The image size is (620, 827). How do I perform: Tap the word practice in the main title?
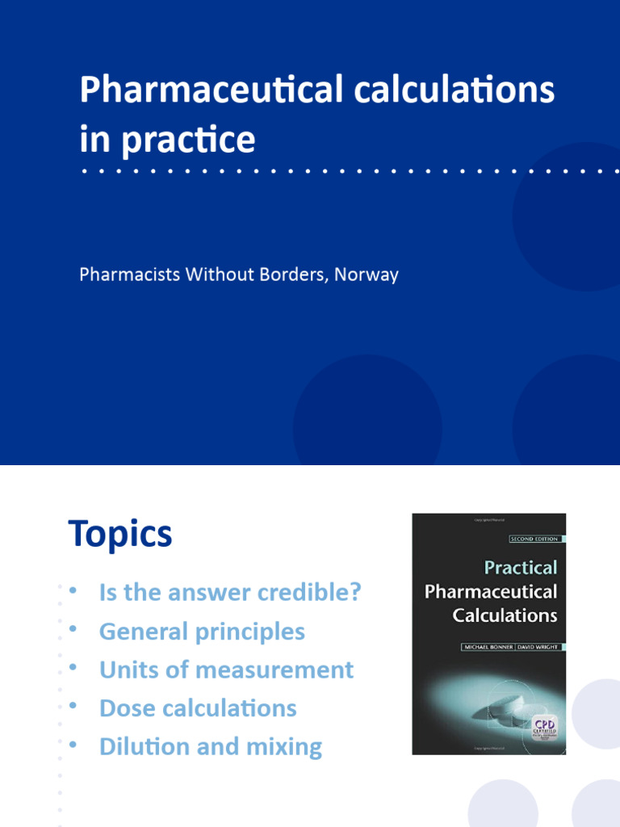(188, 139)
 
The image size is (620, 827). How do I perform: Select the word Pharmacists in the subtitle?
(129, 275)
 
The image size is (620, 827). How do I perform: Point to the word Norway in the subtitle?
(367, 275)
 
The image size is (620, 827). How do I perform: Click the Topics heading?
(120, 535)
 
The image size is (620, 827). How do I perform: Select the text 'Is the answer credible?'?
(230, 593)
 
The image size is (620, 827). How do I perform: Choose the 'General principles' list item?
(202, 632)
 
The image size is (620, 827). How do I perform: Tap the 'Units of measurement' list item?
(226, 670)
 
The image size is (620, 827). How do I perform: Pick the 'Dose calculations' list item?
(198, 709)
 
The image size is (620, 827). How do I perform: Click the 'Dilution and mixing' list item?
(210, 747)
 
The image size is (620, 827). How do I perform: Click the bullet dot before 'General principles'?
(73, 628)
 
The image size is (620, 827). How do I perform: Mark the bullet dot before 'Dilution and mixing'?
(73, 744)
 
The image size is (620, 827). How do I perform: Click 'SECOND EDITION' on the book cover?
(534, 539)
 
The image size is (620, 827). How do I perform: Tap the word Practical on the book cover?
(521, 568)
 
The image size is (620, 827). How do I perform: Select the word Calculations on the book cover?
(505, 615)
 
